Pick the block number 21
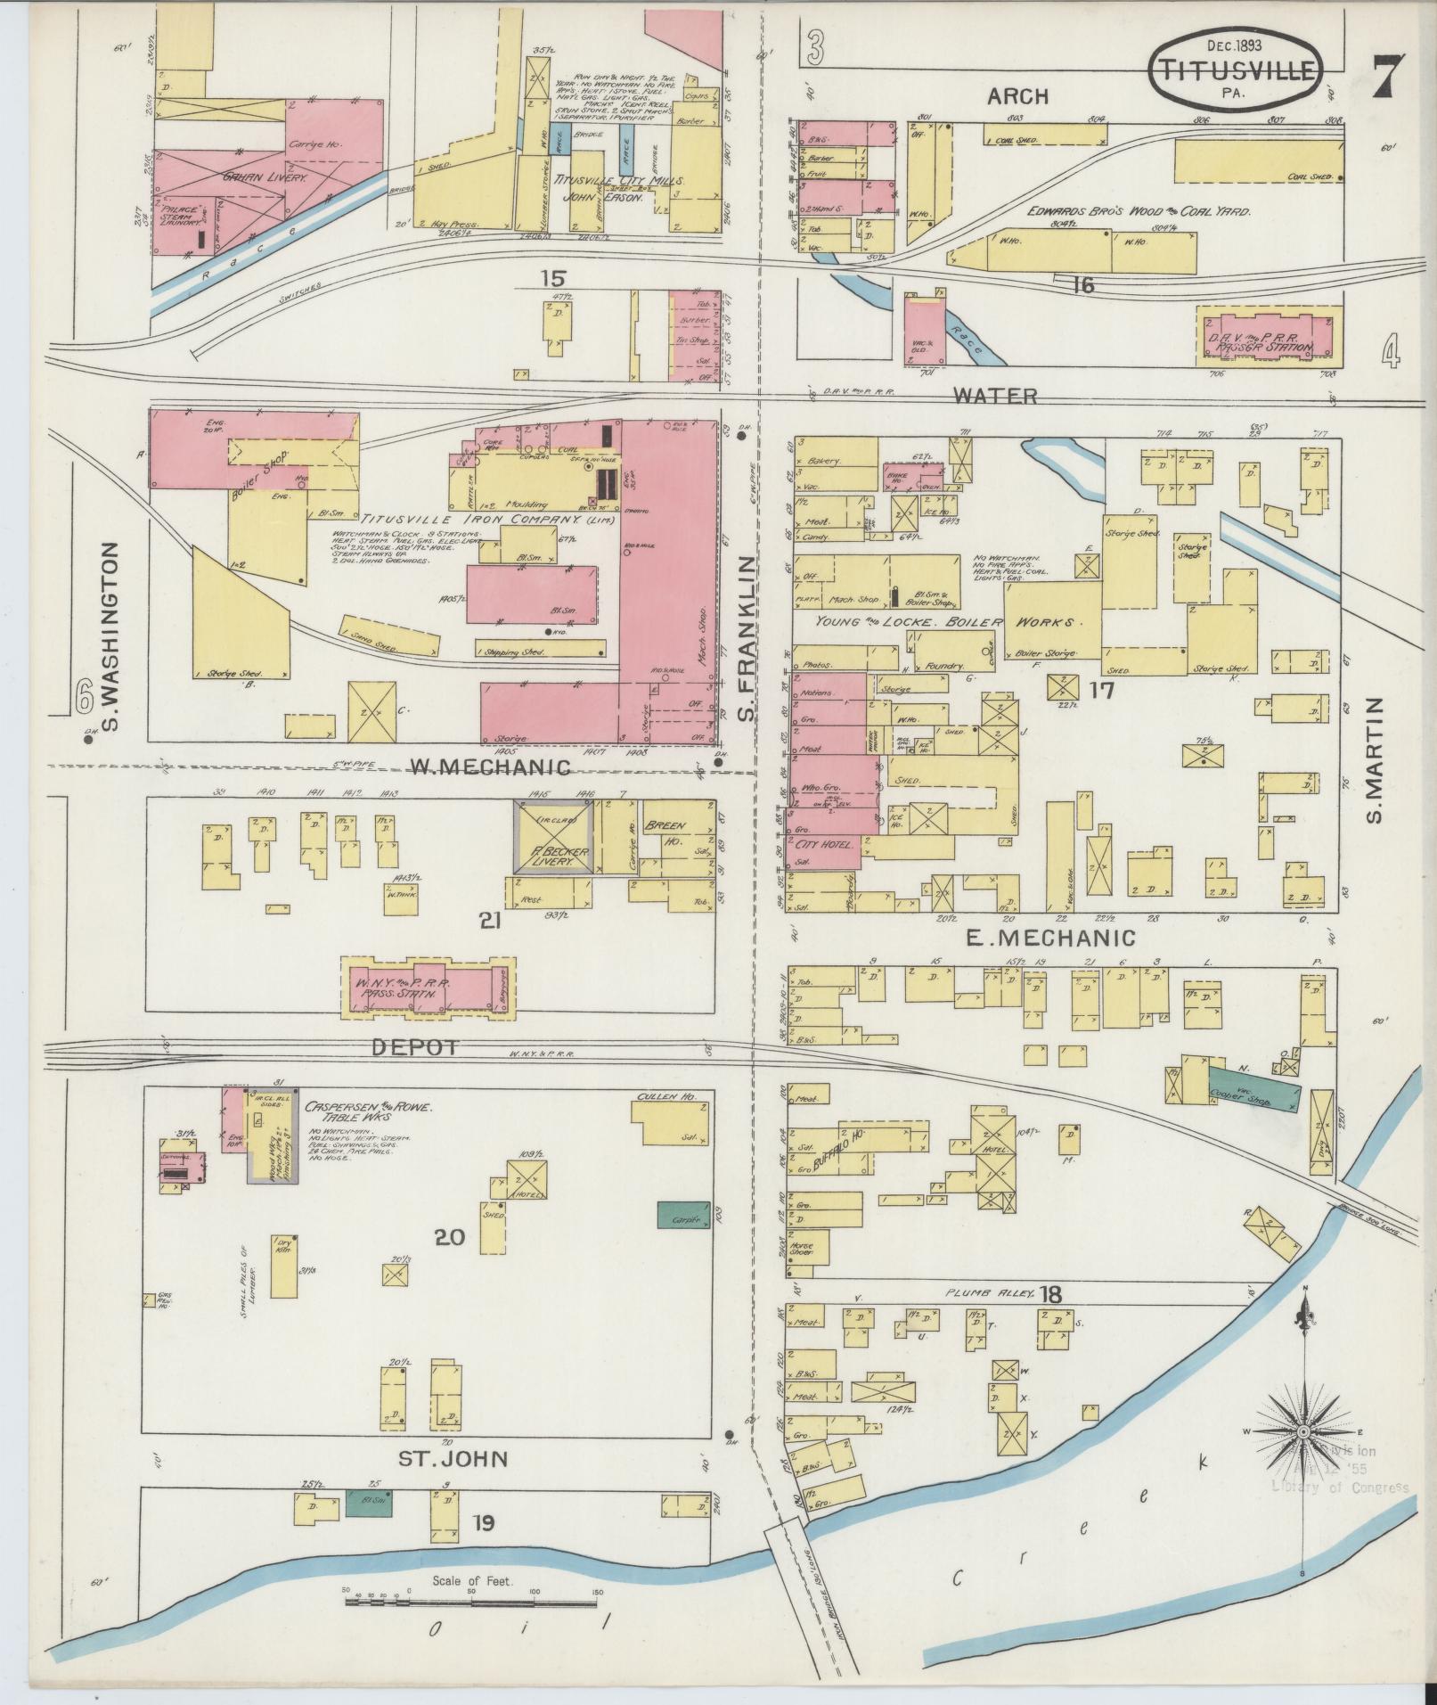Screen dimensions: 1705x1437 tap(489, 921)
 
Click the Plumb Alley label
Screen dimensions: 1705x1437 tap(988, 1293)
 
